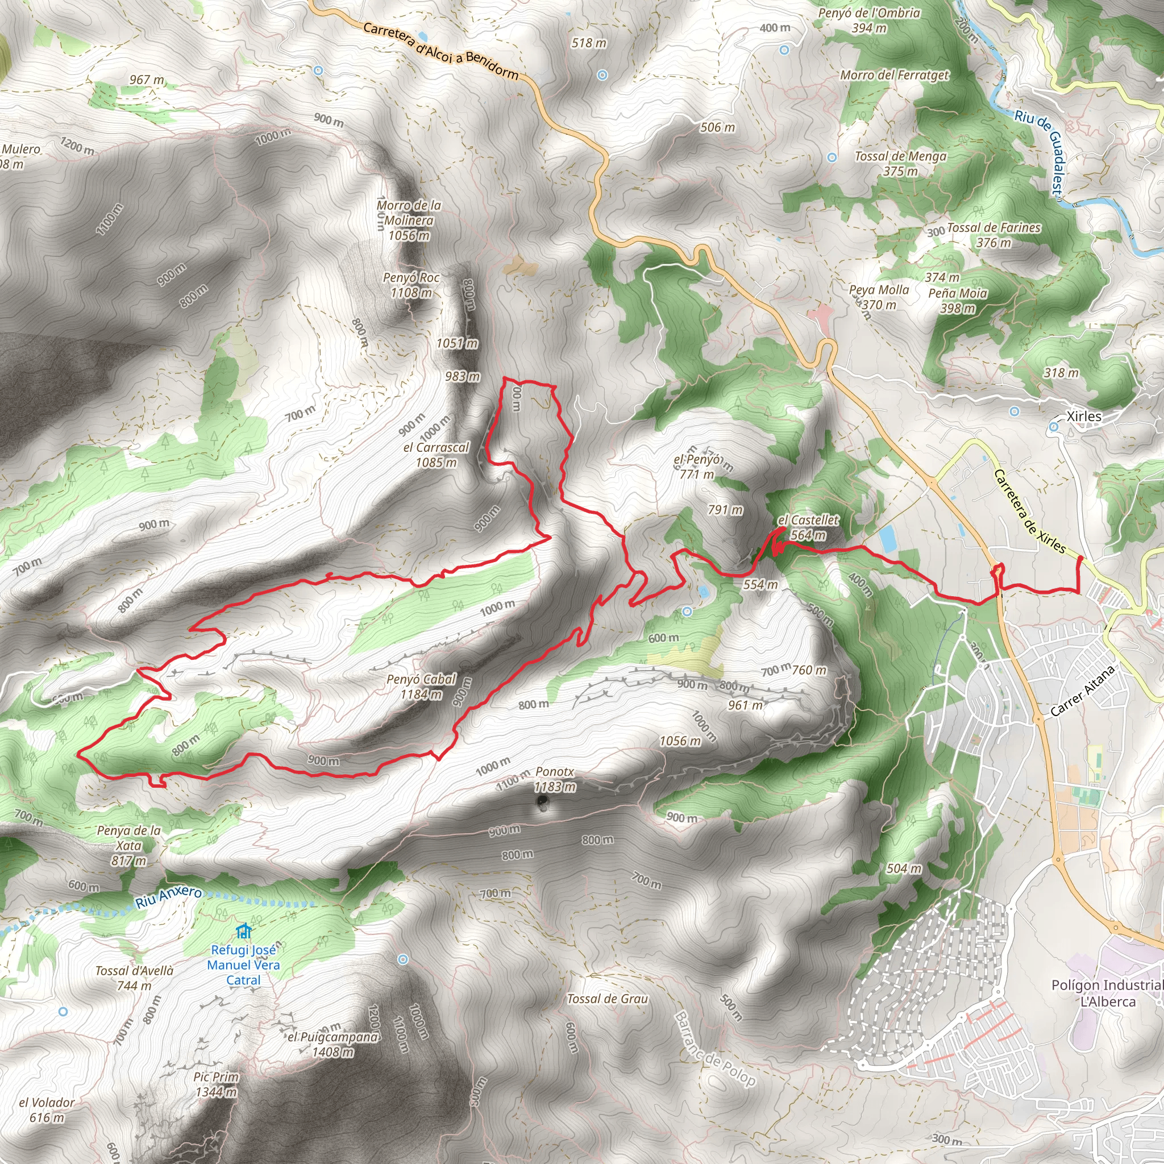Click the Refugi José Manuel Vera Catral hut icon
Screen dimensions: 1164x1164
[243, 932]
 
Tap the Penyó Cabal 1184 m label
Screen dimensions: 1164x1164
[421, 687]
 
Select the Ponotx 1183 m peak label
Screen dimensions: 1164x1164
[554, 779]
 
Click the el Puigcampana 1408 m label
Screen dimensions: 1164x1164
[332, 1044]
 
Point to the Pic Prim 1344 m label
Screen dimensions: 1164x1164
[217, 1084]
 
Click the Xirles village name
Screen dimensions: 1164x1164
[1084, 416]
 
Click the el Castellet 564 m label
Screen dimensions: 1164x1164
[808, 527]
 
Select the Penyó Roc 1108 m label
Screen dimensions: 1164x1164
[411, 285]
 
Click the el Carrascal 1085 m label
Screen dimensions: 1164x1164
[435, 455]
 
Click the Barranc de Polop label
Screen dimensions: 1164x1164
[714, 1049]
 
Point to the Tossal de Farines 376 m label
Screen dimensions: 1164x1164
[993, 235]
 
